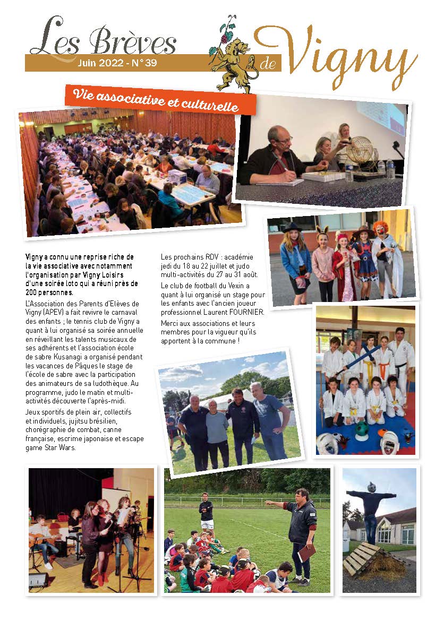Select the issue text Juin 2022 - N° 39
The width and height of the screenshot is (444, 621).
pyautogui.click(x=117, y=63)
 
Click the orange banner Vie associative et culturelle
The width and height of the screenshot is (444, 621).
pyautogui.click(x=160, y=99)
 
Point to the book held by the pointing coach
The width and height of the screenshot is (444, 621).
pyautogui.click(x=308, y=554)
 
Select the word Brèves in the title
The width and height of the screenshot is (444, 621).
pyautogui.click(x=132, y=42)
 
